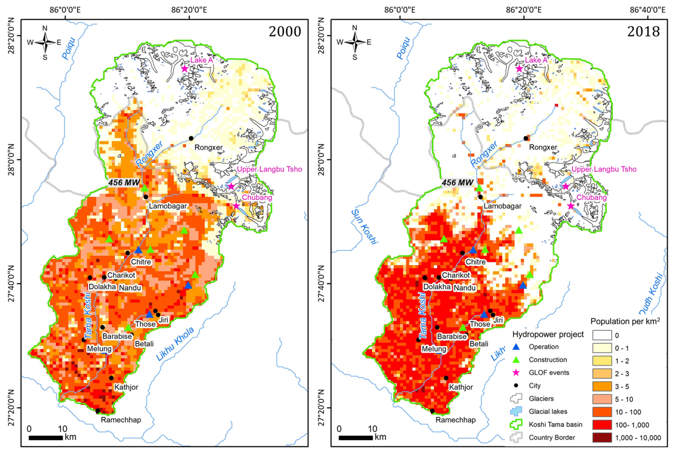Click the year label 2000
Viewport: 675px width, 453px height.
[x=285, y=31]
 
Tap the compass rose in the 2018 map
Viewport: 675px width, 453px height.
[x=355, y=43]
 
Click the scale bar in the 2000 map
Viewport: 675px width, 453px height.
[x=46, y=438]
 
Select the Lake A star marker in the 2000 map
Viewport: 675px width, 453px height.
[x=185, y=69]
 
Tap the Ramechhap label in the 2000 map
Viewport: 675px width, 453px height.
[x=121, y=420]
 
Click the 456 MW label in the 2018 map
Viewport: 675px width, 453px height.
[x=457, y=183]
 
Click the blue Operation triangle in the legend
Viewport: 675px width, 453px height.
[x=516, y=347]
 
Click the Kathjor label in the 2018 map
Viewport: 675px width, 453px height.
[x=461, y=387]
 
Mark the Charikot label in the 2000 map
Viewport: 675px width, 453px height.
[x=121, y=275]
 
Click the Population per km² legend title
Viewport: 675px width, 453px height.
[x=625, y=321]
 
